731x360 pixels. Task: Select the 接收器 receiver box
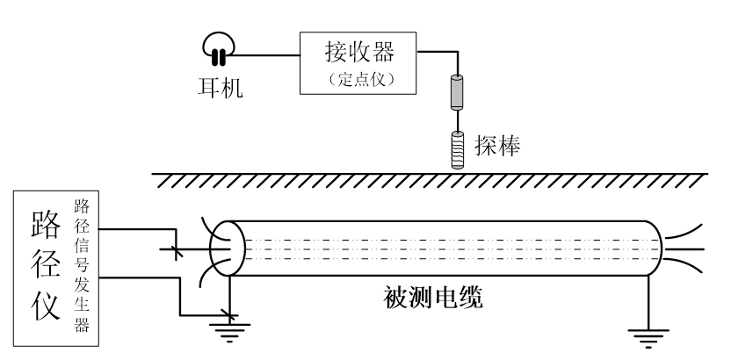click(x=358, y=62)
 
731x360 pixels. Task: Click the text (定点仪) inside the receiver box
click(x=358, y=77)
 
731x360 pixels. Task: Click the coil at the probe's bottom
click(x=457, y=148)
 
